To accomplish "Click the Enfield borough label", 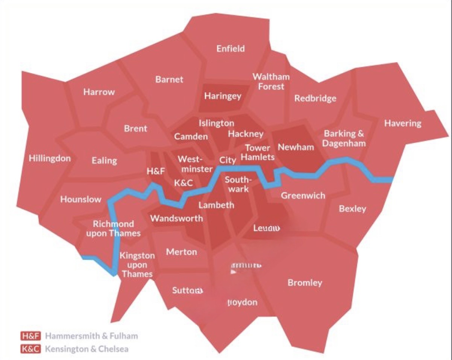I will tap(231, 49).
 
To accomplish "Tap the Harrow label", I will tap(99, 92).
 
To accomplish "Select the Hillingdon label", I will tap(50, 158).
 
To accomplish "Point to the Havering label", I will tap(403, 123).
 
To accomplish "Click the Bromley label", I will tap(305, 283).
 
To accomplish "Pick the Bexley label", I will tap(352, 208).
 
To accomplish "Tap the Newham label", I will tap(296, 147).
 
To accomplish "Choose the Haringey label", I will tap(223, 96).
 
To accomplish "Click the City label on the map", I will tap(228, 160).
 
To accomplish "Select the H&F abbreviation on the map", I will tap(156, 172).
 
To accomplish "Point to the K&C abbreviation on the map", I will tap(184, 183).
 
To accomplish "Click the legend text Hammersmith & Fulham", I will tap(91, 336).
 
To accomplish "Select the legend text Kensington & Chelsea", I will tap(86, 349).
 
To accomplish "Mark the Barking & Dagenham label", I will tap(344, 138).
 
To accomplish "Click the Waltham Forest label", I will tap(271, 81).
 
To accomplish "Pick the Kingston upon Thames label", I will tap(137, 265).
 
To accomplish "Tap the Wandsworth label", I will tap(177, 218).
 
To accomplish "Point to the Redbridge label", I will tap(315, 99).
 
